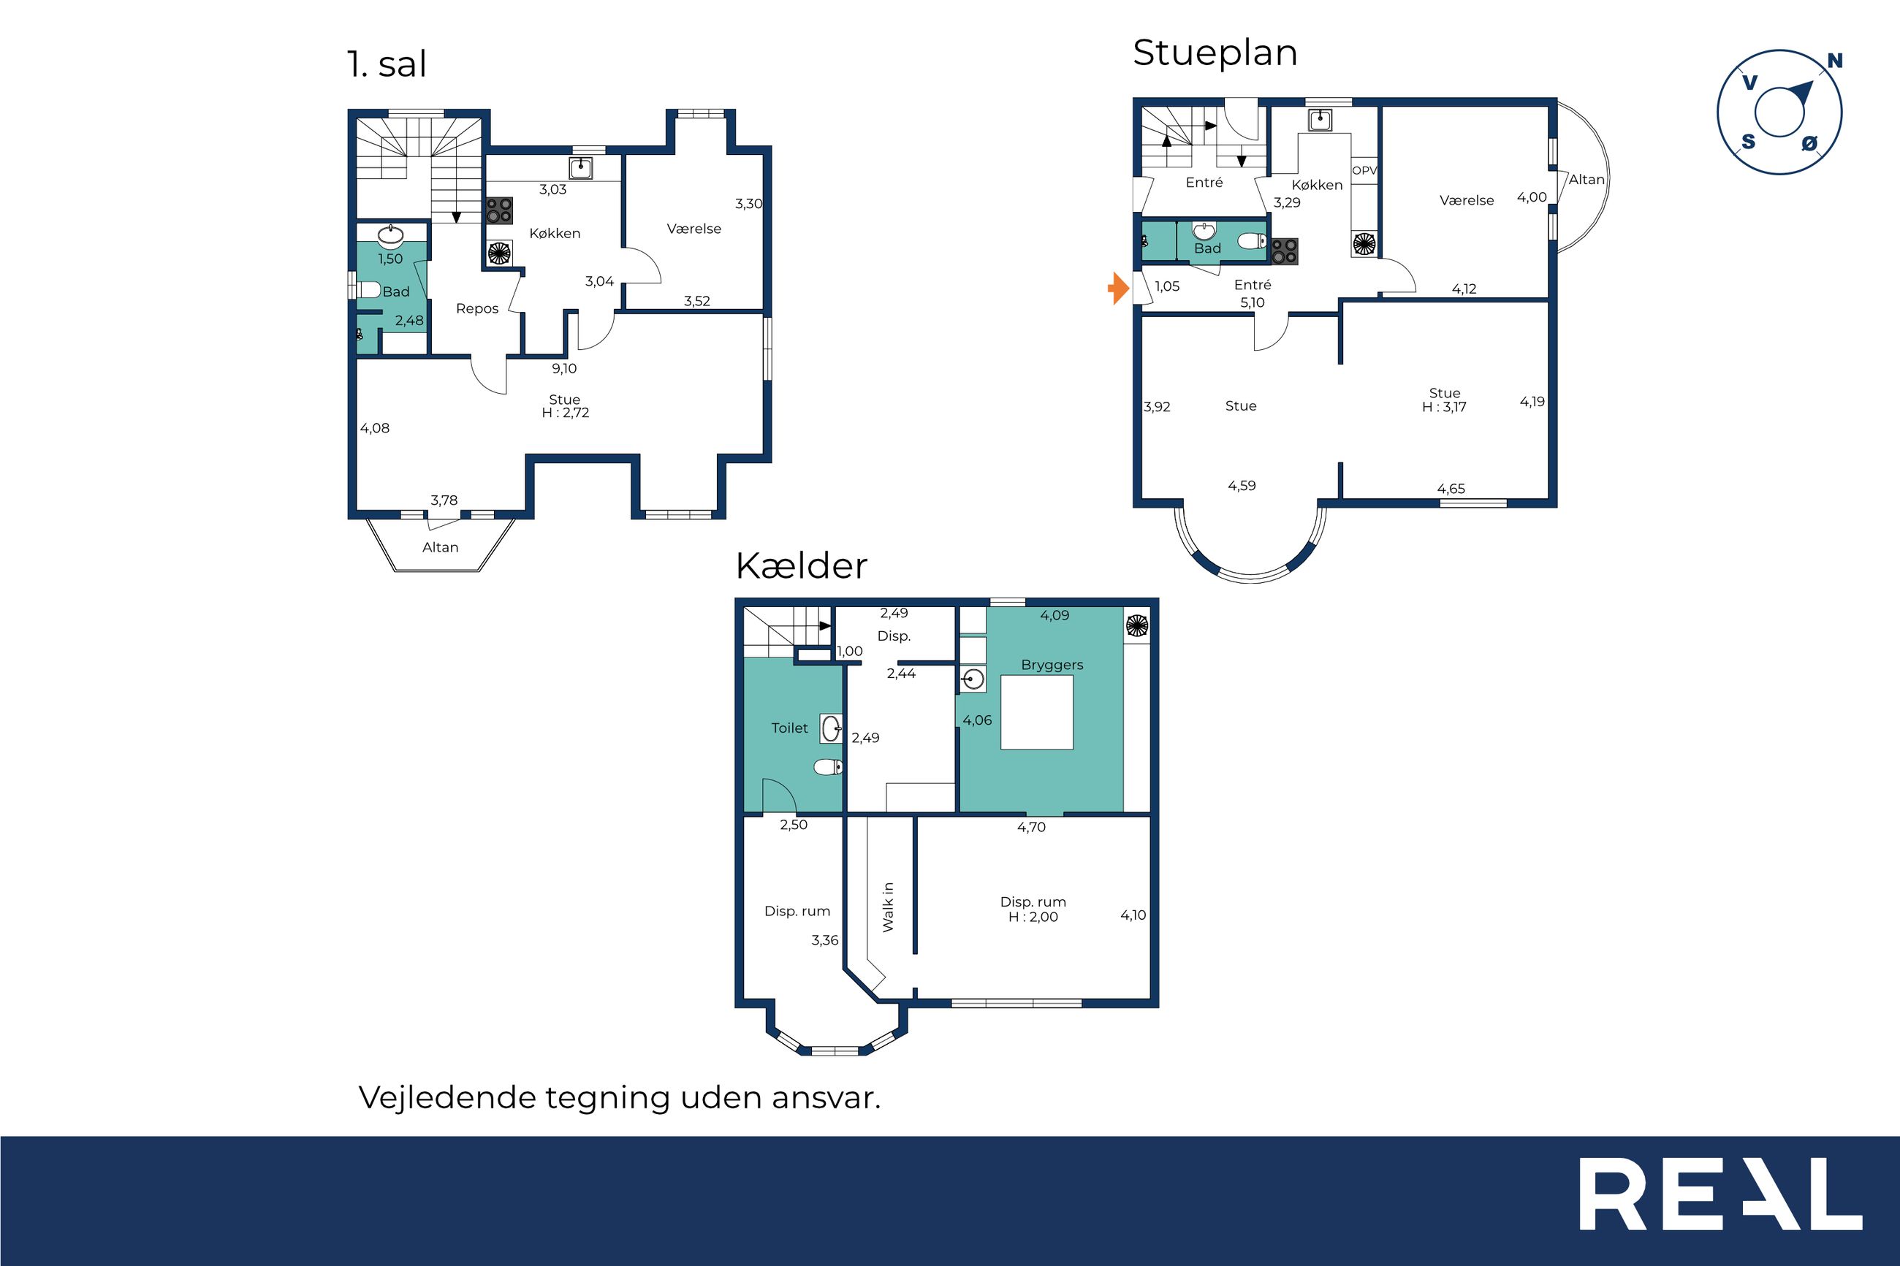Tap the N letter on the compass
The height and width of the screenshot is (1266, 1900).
pos(1834,61)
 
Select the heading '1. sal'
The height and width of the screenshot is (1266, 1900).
pos(387,64)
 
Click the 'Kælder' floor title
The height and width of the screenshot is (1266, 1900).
pos(801,565)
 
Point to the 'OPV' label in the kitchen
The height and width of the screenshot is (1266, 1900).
pos(1364,170)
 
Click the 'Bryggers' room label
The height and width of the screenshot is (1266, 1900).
pos(1052,666)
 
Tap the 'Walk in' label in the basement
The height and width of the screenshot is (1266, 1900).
pos(888,907)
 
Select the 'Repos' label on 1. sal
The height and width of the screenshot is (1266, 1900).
pos(477,308)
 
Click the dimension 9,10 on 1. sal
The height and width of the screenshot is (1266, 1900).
pos(564,369)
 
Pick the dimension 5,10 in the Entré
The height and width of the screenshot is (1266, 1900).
pos(1253,302)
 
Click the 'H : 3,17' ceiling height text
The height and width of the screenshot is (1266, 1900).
pos(1444,407)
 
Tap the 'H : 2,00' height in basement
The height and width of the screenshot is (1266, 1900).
pos(1033,918)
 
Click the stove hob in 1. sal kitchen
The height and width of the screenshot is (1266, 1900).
pos(500,210)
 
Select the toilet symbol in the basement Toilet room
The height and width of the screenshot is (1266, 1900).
pos(828,767)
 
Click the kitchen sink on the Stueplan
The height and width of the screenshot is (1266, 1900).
pos(1320,121)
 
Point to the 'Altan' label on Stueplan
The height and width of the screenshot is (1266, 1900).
pos(1586,179)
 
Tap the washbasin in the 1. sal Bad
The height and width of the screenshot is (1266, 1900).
pos(391,236)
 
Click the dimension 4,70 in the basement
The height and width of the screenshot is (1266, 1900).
pos(1031,828)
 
